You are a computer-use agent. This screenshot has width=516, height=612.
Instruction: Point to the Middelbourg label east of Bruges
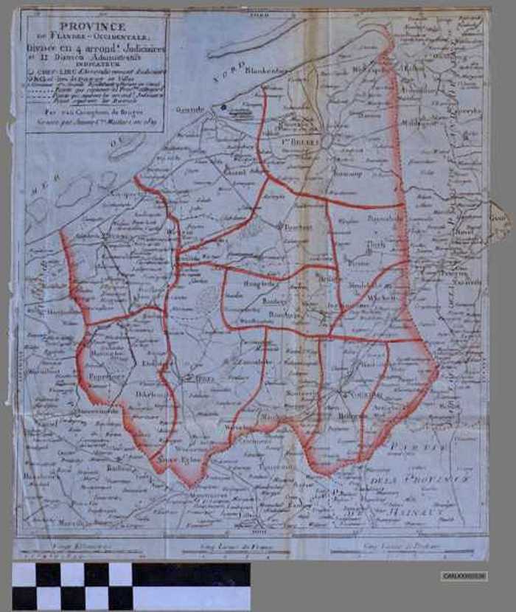(x=421, y=124)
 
